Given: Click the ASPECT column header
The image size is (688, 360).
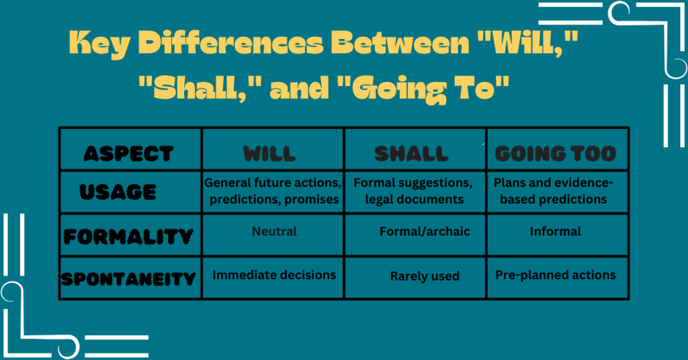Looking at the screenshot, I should tap(128, 154).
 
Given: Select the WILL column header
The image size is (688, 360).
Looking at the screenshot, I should tap(269, 154).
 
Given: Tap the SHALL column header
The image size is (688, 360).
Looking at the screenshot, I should tap(411, 154).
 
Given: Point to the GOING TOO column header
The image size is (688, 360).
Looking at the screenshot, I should tap(555, 154).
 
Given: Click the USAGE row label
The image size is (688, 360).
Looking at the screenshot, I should tap(118, 193).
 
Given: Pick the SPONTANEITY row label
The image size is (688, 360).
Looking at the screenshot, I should tap(128, 278).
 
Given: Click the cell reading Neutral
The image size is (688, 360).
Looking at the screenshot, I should tap(274, 231).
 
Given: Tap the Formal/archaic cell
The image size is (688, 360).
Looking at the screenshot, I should tap(425, 231).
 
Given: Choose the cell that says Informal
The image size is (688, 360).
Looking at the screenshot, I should tap(555, 231).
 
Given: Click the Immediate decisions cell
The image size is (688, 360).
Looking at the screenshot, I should tap(274, 275).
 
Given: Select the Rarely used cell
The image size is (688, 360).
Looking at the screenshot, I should tap(425, 276).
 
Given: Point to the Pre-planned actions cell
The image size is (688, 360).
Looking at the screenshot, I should tap(555, 275).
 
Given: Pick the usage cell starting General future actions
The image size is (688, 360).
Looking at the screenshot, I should tap(273, 191).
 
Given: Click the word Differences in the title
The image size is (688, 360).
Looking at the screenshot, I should tap(222, 49).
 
